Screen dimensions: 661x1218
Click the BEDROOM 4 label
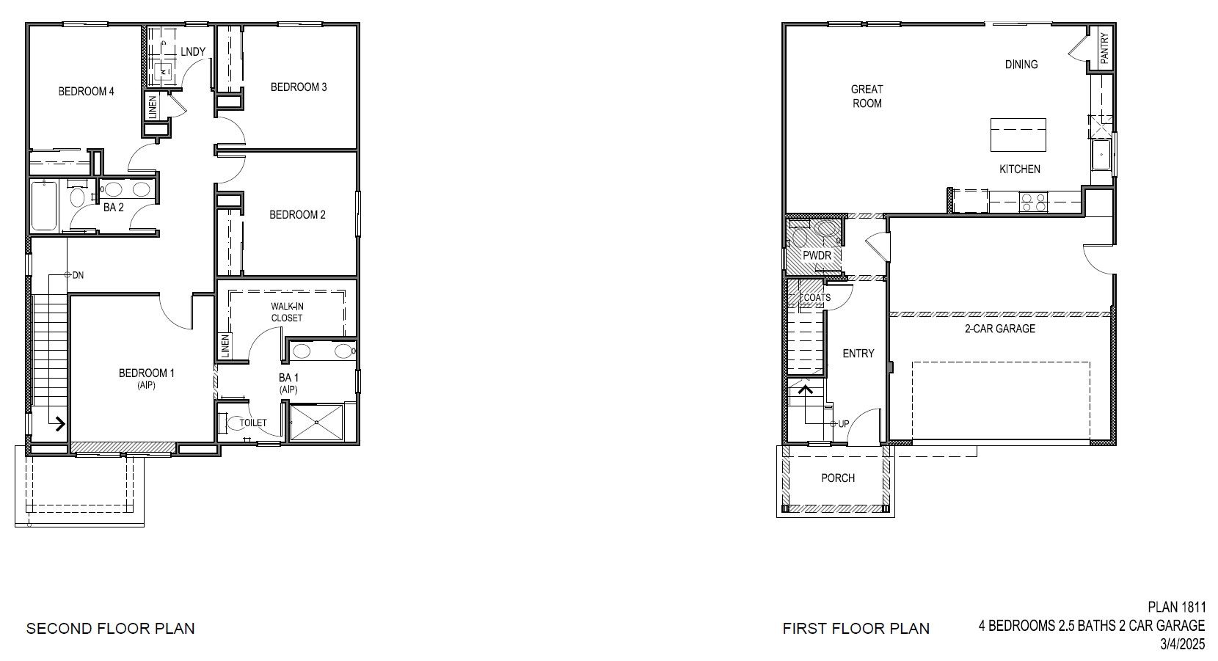(x=86, y=92)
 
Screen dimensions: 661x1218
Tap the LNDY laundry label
(x=193, y=51)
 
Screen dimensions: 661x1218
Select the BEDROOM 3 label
(x=299, y=87)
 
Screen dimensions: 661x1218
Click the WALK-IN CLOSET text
(x=286, y=312)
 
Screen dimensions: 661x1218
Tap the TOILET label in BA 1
(x=253, y=423)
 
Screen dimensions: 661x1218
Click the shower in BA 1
(x=317, y=422)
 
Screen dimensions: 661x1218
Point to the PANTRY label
(x=1104, y=48)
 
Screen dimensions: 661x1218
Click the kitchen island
(x=1018, y=135)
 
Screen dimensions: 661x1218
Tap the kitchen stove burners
(x=1034, y=202)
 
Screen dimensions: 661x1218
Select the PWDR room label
(x=817, y=255)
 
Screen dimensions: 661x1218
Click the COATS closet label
(x=817, y=298)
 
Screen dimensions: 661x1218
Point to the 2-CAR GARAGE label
(x=999, y=329)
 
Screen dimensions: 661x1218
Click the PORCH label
(x=837, y=478)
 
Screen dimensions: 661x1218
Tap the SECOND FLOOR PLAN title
(x=111, y=629)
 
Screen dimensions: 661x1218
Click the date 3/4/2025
(x=1182, y=645)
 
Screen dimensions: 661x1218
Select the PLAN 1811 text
(x=1176, y=607)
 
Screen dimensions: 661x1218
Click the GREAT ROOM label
(x=867, y=96)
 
